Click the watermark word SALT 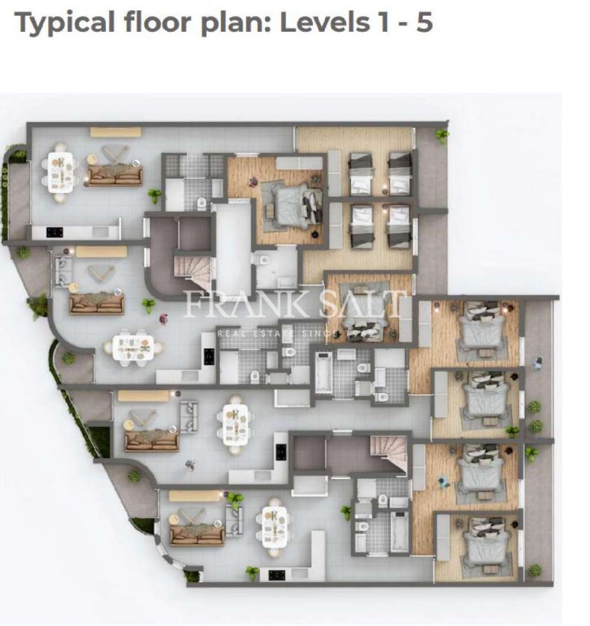coord(363,304)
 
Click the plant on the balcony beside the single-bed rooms coord(442,136)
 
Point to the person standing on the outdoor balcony coord(538,363)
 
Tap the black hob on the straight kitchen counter coord(54,232)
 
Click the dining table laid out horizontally coord(133,348)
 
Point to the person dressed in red coord(164,318)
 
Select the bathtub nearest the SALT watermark coord(323,373)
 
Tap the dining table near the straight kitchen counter coord(60,171)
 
